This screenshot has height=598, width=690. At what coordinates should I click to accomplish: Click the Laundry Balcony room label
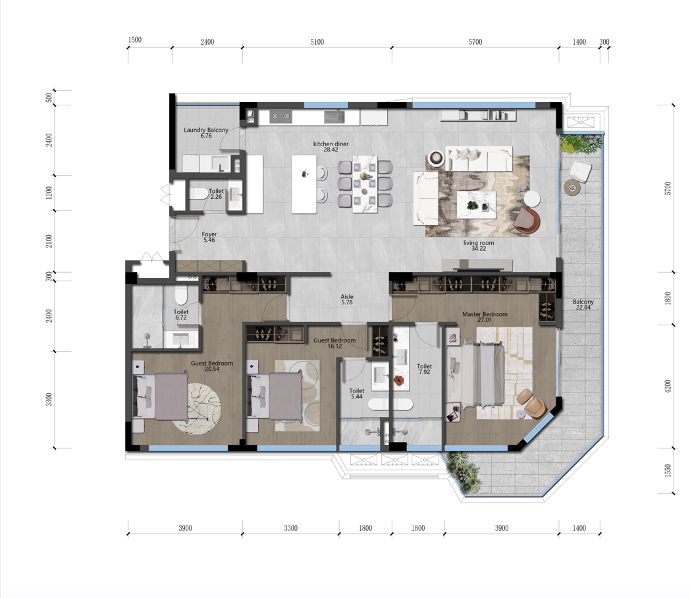point(206,130)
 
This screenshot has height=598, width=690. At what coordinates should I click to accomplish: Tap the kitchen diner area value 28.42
point(331,149)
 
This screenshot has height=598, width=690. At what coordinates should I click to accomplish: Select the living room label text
point(479,243)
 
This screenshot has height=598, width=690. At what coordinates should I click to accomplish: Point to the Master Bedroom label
point(485,314)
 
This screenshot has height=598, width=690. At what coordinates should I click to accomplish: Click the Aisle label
point(347,296)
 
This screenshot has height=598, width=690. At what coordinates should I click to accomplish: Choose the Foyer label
point(209,234)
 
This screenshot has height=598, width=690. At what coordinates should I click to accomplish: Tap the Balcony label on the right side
point(583,302)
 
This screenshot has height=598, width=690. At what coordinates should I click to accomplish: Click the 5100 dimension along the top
point(317,41)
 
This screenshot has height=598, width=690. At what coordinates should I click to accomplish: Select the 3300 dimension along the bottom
point(290,528)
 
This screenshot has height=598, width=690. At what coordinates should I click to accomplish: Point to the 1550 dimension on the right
point(668,470)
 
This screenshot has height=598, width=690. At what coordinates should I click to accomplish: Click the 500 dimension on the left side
point(49,97)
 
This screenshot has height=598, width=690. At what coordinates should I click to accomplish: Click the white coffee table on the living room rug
point(476,205)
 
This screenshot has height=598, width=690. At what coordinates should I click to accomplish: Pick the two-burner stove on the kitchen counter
point(280,117)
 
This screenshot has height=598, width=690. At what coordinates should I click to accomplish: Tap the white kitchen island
point(304,184)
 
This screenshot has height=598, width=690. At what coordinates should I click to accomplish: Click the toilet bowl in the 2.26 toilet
point(199,194)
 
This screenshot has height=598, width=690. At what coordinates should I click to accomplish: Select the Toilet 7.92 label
point(425,369)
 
